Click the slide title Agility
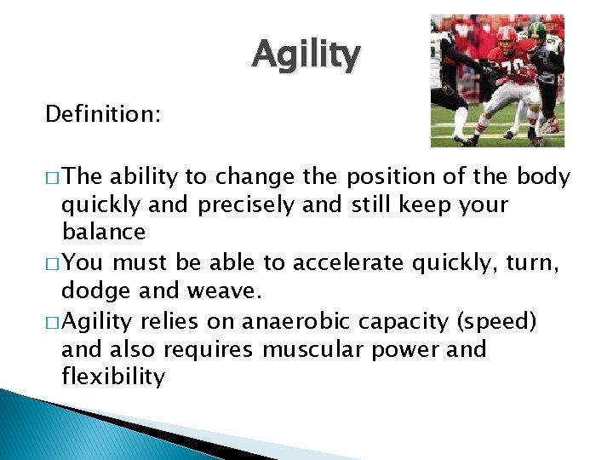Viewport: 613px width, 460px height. tap(306, 56)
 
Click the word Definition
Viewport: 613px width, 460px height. tap(101, 114)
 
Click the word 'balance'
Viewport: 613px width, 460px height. tap(104, 232)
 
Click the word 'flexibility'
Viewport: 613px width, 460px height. tap(113, 377)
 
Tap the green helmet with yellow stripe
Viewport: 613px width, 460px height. tap(536, 32)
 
